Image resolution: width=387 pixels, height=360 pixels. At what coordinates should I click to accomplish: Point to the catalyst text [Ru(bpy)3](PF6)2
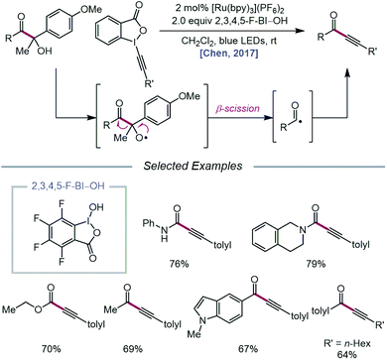[234, 12]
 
